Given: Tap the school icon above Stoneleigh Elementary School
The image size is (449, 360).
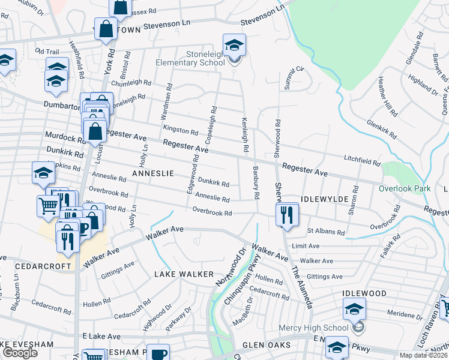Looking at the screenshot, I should point(234,44).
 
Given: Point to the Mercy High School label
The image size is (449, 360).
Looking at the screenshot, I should point(313,328).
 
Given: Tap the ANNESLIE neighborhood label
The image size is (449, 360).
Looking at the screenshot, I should point(150,173).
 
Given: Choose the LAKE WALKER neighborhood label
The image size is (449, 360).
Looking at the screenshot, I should point(184,274).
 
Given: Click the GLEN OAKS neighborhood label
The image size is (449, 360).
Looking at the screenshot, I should point(267,346).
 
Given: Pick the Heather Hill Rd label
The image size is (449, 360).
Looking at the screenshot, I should point(387,97).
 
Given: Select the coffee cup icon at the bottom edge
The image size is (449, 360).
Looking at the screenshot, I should point(158,353).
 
